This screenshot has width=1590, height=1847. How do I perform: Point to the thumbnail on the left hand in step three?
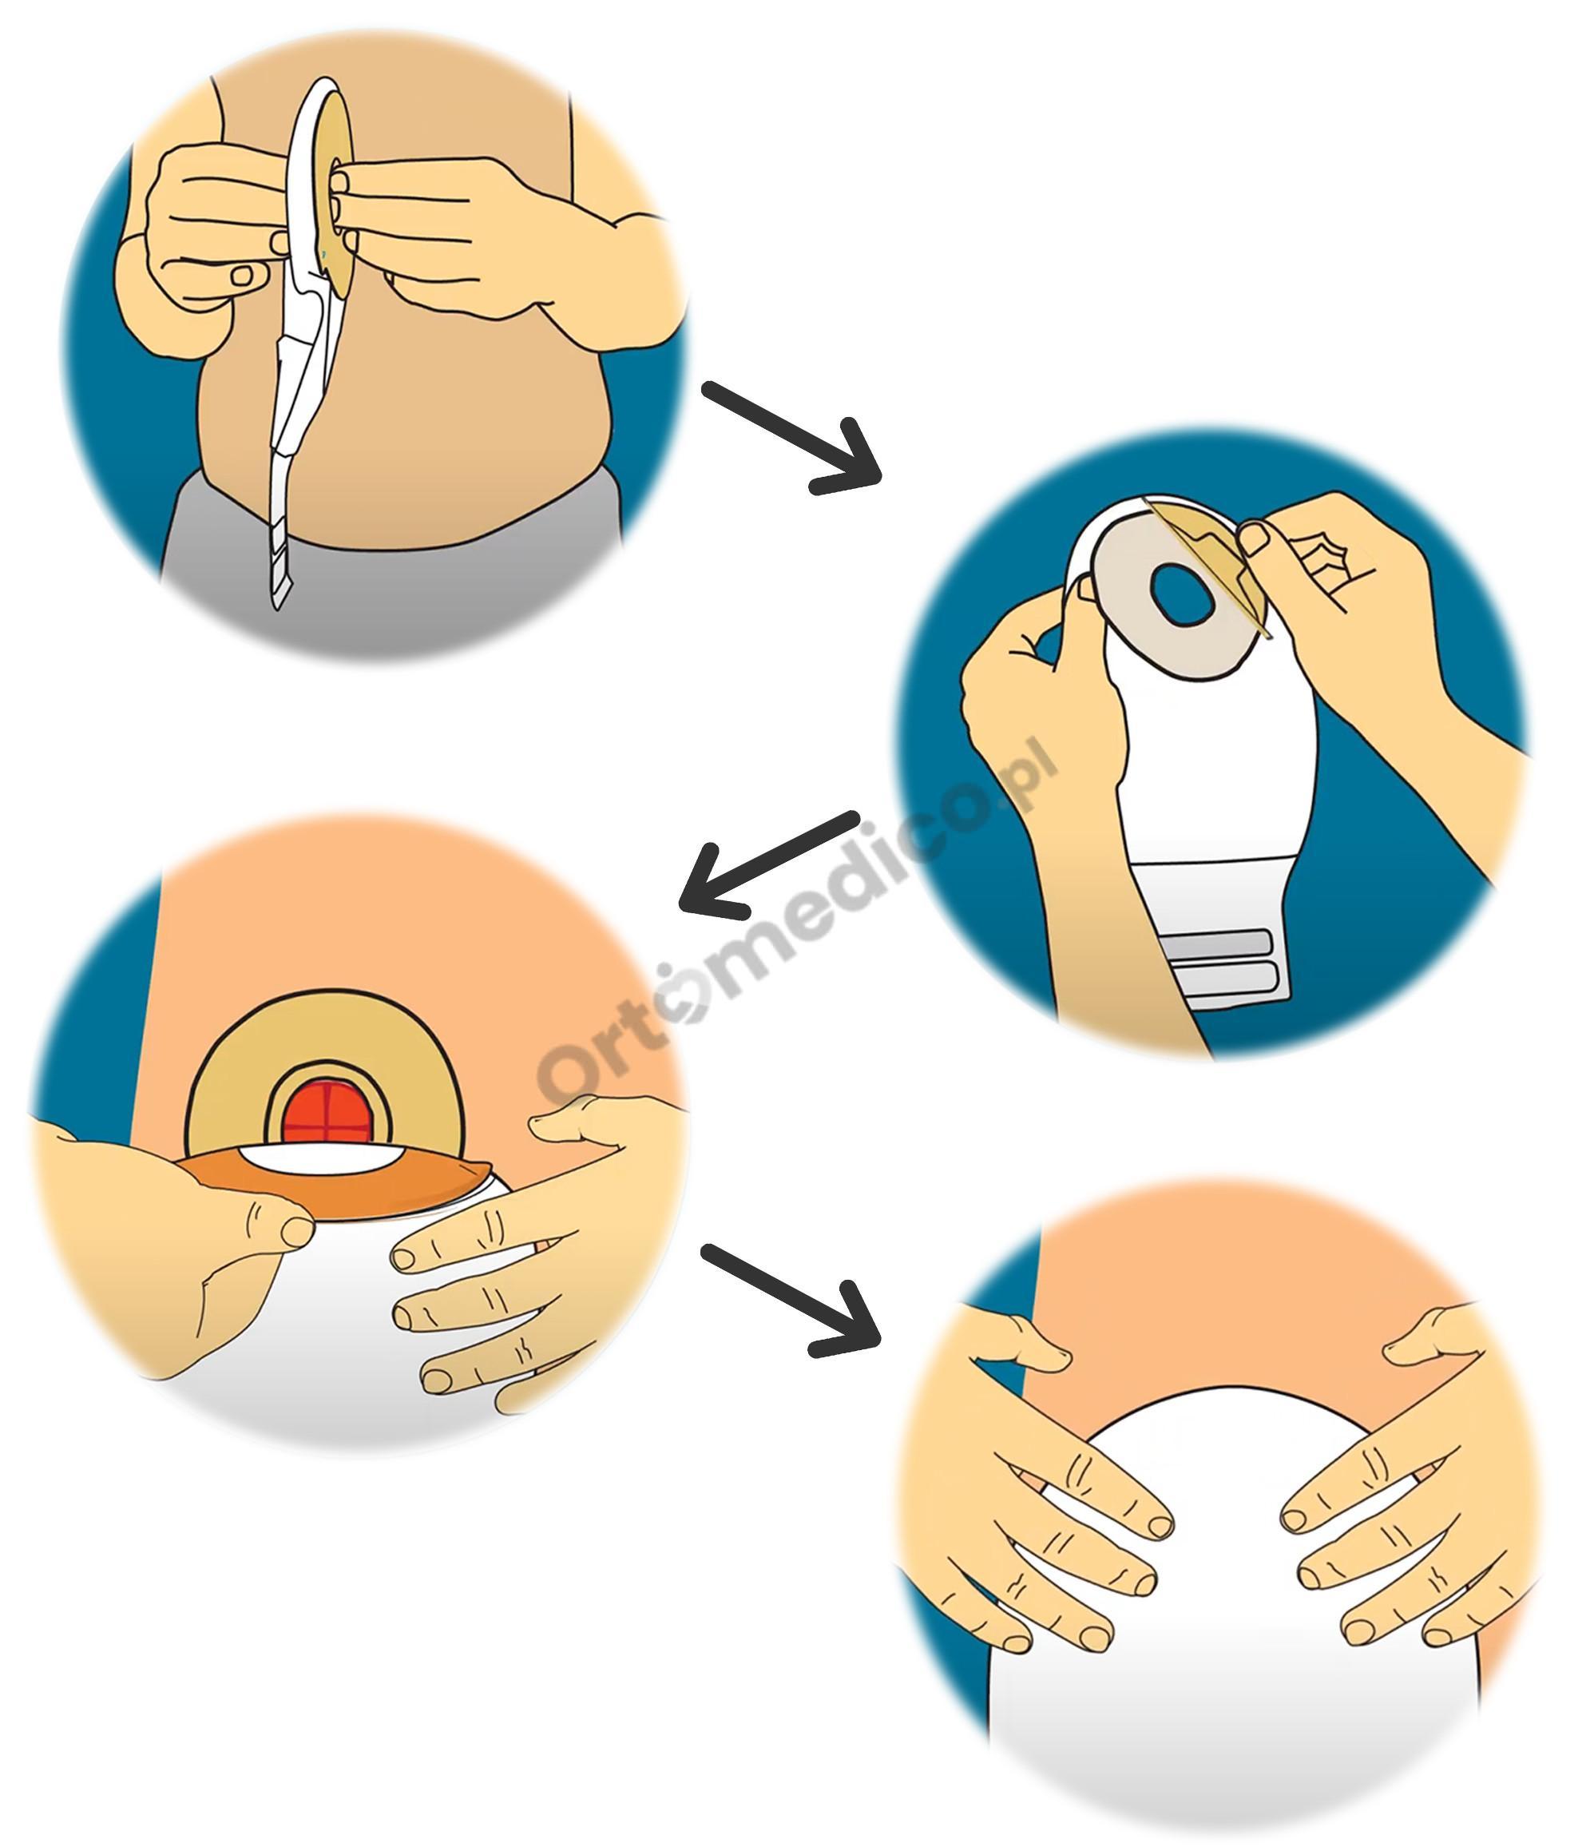tap(297, 1231)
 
